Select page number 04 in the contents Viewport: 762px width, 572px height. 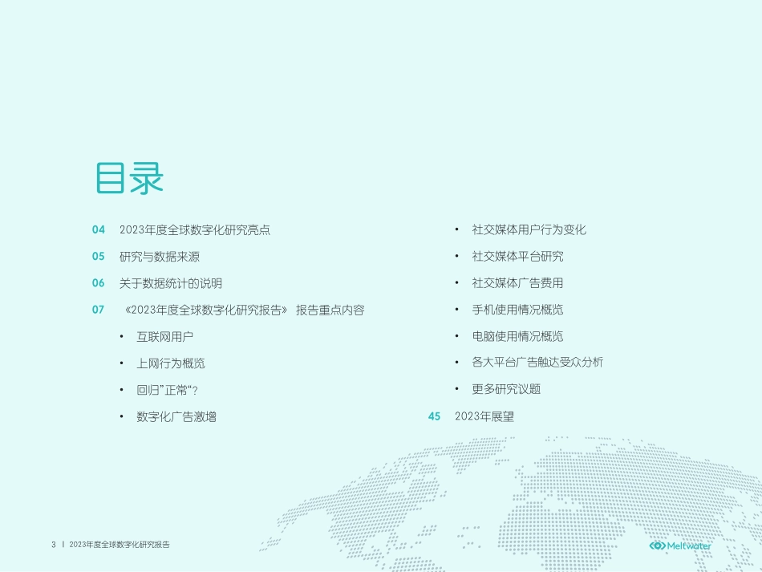pyautogui.click(x=99, y=230)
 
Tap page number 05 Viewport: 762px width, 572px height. pyautogui.click(x=99, y=257)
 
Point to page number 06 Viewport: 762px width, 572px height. pyautogui.click(x=99, y=283)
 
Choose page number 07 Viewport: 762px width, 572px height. pyautogui.click(x=99, y=310)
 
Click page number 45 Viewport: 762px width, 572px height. pyautogui.click(x=435, y=416)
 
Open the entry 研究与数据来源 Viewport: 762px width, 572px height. pyautogui.click(x=160, y=257)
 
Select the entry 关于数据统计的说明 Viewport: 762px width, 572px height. pyautogui.click(x=171, y=283)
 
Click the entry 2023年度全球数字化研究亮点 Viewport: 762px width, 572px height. pyautogui.click(x=195, y=230)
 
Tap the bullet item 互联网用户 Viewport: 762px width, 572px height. pyautogui.click(x=165, y=337)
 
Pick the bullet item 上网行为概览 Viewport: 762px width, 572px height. pyautogui.click(x=171, y=363)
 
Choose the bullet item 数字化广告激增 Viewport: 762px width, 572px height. pyautogui.click(x=176, y=416)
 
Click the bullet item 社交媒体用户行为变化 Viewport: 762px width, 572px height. pyautogui.click(x=529, y=230)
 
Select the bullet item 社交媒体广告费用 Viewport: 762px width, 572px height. pyautogui.click(x=518, y=283)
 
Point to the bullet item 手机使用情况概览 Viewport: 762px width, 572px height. pyautogui.click(x=518, y=310)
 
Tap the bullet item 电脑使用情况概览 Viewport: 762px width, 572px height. pyautogui.click(x=518, y=336)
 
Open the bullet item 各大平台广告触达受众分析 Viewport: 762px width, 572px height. pyautogui.click(x=537, y=363)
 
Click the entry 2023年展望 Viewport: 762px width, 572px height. pyautogui.click(x=484, y=416)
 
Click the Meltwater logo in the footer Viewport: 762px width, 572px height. pyautogui.click(x=680, y=546)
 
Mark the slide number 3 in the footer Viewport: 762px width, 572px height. pyautogui.click(x=54, y=546)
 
